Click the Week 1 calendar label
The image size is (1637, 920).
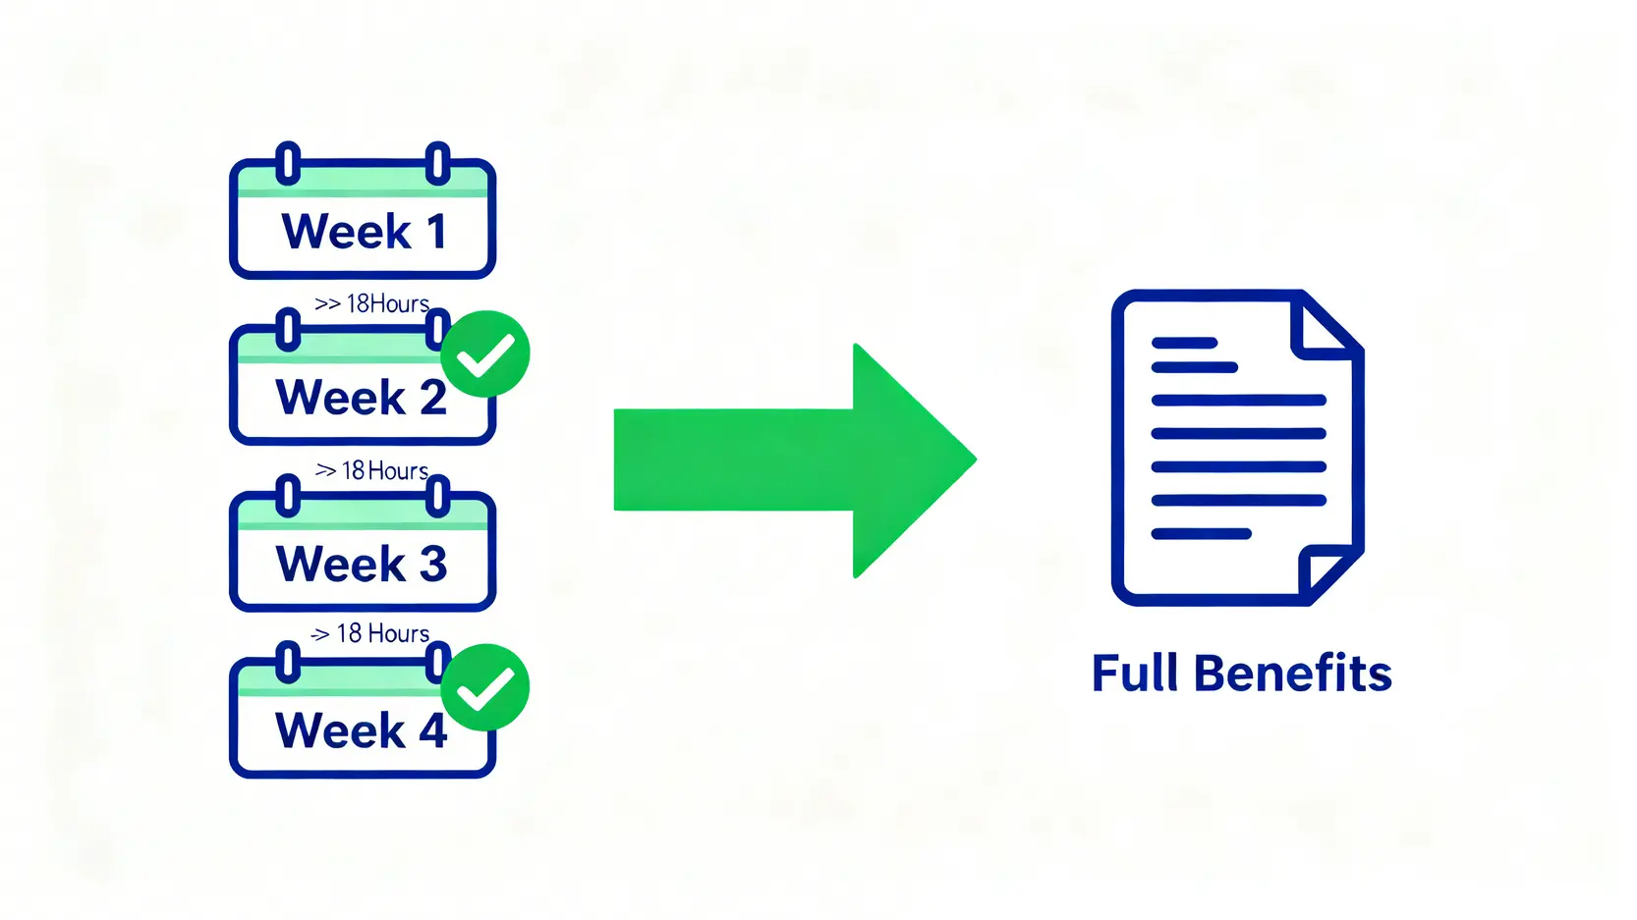coord(363,232)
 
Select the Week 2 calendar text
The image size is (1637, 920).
coord(361,398)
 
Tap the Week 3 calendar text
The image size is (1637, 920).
coord(361,564)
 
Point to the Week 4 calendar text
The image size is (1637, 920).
coord(361,731)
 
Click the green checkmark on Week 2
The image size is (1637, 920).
coord(485,354)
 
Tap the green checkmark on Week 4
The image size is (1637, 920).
coord(485,687)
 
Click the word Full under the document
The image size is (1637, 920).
coord(1134,674)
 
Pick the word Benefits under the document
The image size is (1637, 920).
coord(1292,674)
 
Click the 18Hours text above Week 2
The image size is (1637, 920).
coord(387,304)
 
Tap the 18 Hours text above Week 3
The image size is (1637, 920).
coord(384,471)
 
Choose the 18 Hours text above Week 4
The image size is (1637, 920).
coord(382,633)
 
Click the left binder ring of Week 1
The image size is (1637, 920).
coord(287,163)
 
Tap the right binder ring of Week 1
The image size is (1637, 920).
coord(437,163)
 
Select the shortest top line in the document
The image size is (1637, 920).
coord(1184,343)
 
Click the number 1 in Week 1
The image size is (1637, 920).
coord(436,232)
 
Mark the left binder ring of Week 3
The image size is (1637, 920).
coord(287,496)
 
